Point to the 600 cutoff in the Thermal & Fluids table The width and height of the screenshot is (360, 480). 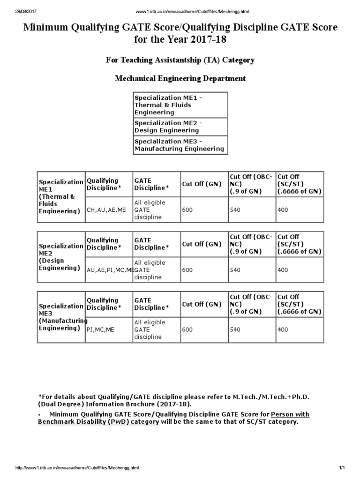pyautogui.click(x=187, y=210)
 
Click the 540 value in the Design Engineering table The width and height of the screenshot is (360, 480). pyautogui.click(x=235, y=270)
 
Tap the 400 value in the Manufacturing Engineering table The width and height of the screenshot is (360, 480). pyautogui.click(x=283, y=330)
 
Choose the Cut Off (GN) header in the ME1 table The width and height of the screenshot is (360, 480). pyautogui.click(x=202, y=184)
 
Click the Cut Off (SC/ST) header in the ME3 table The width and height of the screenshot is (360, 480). pyautogui.click(x=299, y=304)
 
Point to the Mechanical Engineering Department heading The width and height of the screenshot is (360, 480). pyautogui.click(x=180, y=78)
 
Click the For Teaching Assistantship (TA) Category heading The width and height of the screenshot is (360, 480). pyautogui.click(x=180, y=60)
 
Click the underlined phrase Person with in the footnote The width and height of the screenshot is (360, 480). pyautogui.click(x=290, y=414)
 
